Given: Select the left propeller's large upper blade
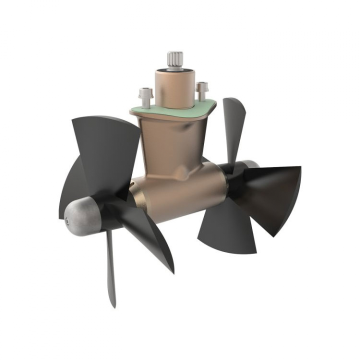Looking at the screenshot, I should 107,150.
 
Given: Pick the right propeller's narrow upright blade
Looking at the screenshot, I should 233,125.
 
